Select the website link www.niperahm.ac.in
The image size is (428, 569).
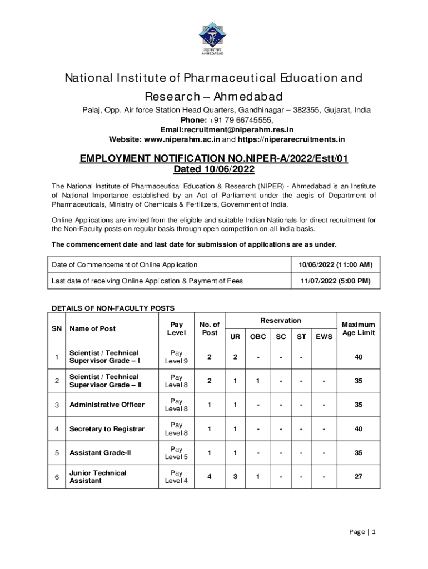click(182, 139)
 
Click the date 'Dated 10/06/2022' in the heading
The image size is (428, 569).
click(214, 169)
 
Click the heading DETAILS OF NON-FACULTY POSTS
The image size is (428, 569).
click(113, 308)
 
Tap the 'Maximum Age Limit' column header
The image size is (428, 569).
click(358, 328)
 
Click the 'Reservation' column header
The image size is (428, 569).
click(281, 321)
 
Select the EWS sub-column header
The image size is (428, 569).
click(324, 337)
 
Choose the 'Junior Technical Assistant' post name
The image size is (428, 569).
click(98, 477)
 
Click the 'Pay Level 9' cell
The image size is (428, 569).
click(176, 357)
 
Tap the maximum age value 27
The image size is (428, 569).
click(358, 477)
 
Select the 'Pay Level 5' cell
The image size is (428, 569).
click(176, 453)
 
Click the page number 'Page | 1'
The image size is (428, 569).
click(362, 532)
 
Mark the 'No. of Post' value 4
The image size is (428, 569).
click(210, 477)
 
